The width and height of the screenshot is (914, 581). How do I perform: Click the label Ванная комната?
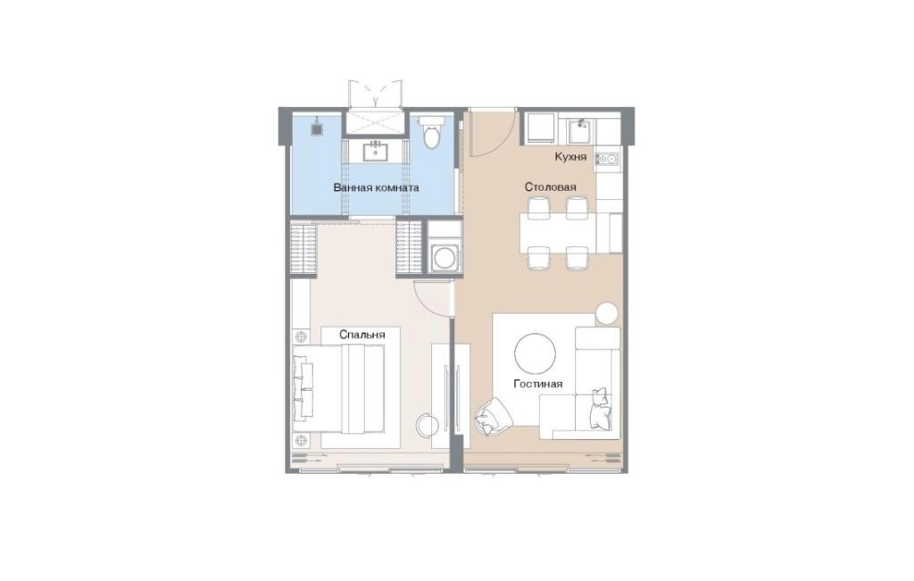click(376, 187)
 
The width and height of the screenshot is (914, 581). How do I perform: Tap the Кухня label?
click(570, 157)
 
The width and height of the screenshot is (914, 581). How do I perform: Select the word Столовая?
click(550, 187)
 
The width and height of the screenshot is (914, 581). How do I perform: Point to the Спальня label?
click(362, 335)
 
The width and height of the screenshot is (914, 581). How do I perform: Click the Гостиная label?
click(538, 384)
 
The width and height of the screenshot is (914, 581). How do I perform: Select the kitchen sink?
click(580, 132)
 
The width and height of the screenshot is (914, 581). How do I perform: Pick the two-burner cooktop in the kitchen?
click(607, 159)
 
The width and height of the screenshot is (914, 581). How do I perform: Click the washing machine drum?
click(445, 258)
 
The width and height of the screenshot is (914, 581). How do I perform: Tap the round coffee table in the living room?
click(535, 353)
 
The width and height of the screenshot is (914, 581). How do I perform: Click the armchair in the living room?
click(493, 416)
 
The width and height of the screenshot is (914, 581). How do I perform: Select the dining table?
click(557, 233)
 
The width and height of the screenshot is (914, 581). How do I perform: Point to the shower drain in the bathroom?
click(317, 129)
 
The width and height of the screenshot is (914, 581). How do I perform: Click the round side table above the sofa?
click(607, 313)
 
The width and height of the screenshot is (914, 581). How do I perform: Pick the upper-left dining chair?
click(538, 207)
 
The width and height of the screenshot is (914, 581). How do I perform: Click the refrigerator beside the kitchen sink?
click(542, 129)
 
